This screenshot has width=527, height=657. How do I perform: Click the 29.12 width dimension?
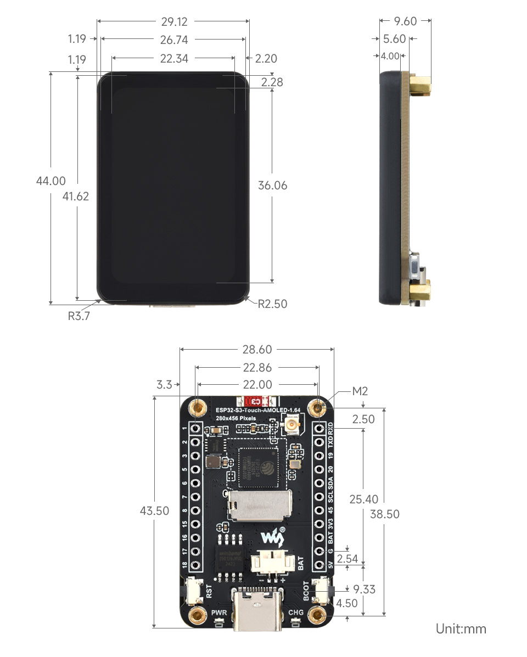tap(174, 22)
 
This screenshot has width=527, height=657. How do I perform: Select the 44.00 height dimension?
tap(51, 181)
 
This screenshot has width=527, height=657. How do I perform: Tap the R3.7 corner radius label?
tap(79, 316)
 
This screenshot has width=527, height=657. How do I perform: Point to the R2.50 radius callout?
tap(272, 304)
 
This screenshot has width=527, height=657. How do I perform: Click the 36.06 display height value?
tap(273, 186)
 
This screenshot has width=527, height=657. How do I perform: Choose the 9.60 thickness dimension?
tap(406, 21)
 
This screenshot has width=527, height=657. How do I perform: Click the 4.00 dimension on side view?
tap(390, 56)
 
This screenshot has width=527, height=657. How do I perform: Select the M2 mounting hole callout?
tap(360, 391)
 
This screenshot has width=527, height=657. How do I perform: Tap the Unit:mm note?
tap(461, 628)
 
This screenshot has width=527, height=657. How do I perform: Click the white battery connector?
tap(270, 564)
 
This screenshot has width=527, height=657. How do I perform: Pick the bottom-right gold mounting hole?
tap(316, 616)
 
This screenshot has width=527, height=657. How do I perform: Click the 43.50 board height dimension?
tap(155, 510)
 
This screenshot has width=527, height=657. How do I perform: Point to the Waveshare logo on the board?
tap(273, 536)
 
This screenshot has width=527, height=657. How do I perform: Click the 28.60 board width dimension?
tap(257, 350)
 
